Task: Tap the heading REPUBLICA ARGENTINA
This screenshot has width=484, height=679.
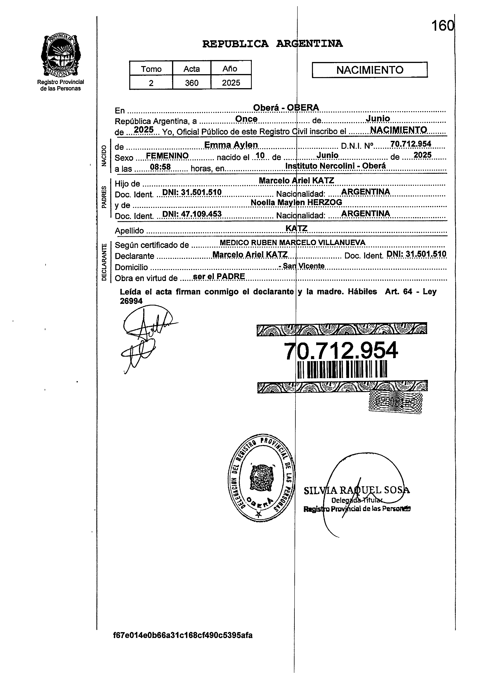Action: tap(272, 44)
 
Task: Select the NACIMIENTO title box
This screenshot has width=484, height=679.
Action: tap(370, 70)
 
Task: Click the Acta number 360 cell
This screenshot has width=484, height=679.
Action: tap(192, 83)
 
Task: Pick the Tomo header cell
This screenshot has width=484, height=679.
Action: tap(151, 69)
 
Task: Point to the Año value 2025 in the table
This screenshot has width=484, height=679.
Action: tap(231, 83)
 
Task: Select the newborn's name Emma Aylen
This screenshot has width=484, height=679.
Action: tap(231, 145)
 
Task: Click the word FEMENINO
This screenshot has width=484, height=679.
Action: tap(167, 156)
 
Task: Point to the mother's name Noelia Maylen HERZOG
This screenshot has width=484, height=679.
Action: tap(296, 202)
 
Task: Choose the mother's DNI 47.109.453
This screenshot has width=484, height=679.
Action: tap(192, 214)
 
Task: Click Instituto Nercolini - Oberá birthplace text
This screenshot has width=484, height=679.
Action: tap(336, 166)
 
